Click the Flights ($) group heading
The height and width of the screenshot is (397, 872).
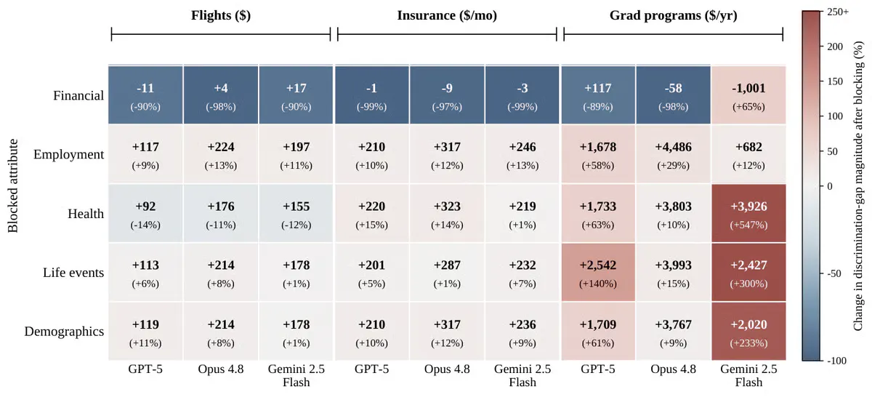[221, 15]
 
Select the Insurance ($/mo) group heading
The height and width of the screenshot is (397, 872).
[447, 15]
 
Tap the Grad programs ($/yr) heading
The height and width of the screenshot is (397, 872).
[673, 15]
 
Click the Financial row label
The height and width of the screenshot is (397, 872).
[78, 95]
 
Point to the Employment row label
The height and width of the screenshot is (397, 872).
[68, 154]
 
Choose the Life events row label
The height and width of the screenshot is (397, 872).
[73, 273]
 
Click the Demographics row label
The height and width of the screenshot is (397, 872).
[64, 331]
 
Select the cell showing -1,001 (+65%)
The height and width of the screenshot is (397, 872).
[748, 95]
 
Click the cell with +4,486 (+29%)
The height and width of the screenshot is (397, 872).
[673, 155]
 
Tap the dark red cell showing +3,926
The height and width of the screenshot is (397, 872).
[748, 214]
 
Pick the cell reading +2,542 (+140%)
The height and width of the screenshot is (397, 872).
[598, 273]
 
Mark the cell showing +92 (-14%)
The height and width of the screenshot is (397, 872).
[145, 214]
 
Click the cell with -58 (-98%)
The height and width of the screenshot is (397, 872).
[673, 95]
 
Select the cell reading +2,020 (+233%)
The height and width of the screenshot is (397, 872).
[748, 332]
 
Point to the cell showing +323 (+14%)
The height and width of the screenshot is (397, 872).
[447, 214]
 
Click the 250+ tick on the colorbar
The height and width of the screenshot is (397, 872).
[838, 12]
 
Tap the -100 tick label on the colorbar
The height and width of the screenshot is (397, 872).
[836, 361]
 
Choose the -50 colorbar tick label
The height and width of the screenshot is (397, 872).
[834, 273]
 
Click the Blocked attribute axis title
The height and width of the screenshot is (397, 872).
[13, 185]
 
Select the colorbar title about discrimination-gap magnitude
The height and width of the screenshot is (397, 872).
[858, 185]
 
